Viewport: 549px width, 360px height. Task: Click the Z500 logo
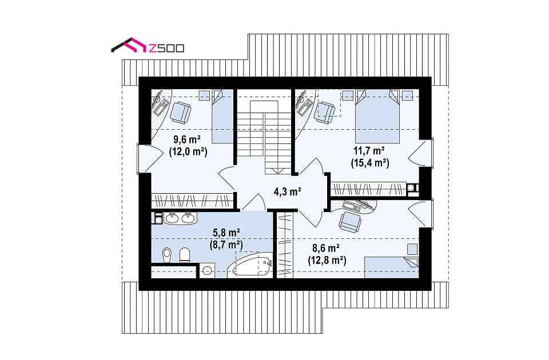[x=148, y=46]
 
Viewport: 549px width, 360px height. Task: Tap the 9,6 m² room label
[x=187, y=140]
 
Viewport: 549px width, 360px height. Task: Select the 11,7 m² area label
[x=369, y=151]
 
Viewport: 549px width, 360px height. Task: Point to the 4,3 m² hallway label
[x=288, y=191]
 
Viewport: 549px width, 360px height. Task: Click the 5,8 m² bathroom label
[x=226, y=233]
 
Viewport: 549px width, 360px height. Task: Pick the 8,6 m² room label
[x=325, y=248]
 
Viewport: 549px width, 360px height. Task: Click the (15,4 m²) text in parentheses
[x=370, y=163]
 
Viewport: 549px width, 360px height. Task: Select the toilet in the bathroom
[x=167, y=255]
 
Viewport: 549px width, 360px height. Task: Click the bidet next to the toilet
[x=185, y=255]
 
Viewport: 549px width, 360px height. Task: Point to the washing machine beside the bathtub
[x=207, y=271]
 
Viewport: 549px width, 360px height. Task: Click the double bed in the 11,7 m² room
[x=377, y=116]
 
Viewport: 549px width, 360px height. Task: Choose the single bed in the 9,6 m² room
[x=222, y=116]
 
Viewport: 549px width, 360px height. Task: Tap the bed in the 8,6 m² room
[x=391, y=267]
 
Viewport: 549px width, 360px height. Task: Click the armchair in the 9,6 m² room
[x=181, y=113]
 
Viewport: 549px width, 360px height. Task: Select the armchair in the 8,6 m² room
[x=349, y=222]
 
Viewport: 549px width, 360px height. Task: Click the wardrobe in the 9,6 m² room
[x=193, y=201]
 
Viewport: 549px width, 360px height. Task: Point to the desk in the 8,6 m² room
[x=359, y=206]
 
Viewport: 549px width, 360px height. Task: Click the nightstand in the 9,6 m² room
[x=204, y=95]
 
